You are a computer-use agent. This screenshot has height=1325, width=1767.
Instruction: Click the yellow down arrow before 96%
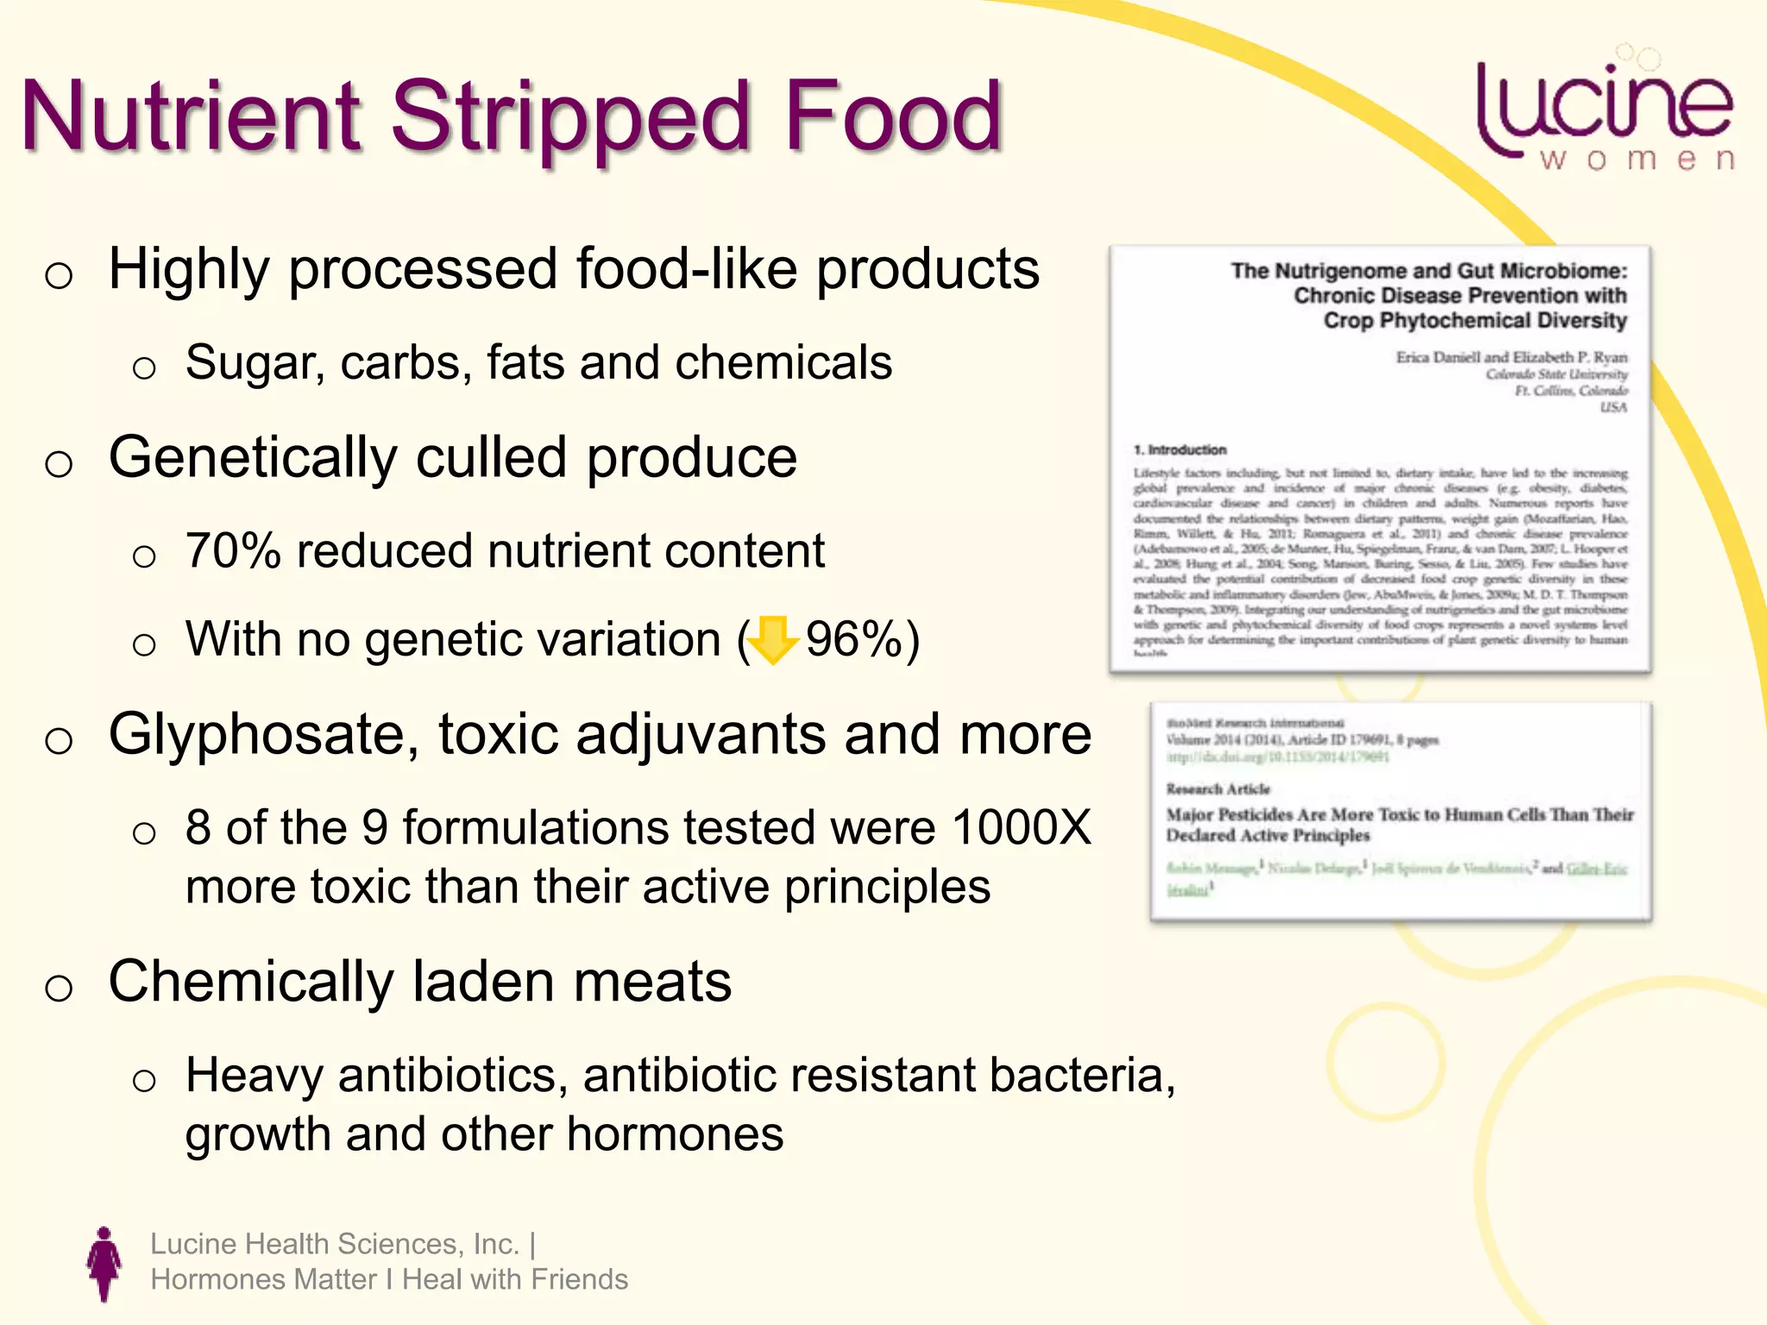772,641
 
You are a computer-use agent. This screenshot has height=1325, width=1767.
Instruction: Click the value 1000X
1022,827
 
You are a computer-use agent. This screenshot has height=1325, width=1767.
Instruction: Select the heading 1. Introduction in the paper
1179,449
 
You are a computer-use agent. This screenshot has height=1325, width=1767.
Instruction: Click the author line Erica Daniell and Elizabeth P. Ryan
1511,357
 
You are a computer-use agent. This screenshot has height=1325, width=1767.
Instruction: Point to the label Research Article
1217,788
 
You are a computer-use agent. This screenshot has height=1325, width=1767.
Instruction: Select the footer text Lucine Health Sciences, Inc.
335,1244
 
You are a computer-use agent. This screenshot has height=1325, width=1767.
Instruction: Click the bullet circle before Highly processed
59,276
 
